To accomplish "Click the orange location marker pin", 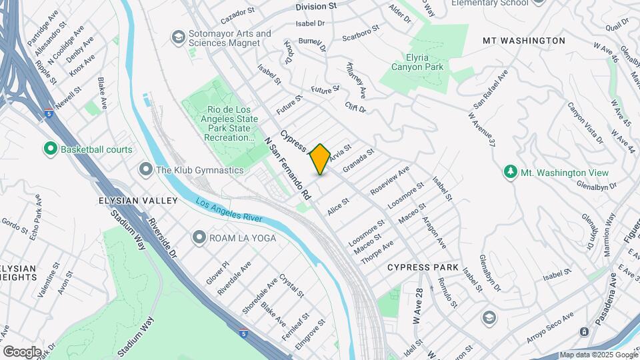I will point(320,159).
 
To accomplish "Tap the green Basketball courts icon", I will point(50,149).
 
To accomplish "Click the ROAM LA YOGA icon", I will point(199,237).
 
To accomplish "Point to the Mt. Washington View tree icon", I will point(511,173).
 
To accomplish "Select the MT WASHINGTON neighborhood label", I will point(523,41).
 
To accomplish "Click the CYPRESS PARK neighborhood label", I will point(423,267).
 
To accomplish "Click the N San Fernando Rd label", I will point(287,169).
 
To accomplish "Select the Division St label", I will point(316,6).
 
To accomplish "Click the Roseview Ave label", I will point(390,180).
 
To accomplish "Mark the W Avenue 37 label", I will point(483,129).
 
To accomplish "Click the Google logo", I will point(22,351).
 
